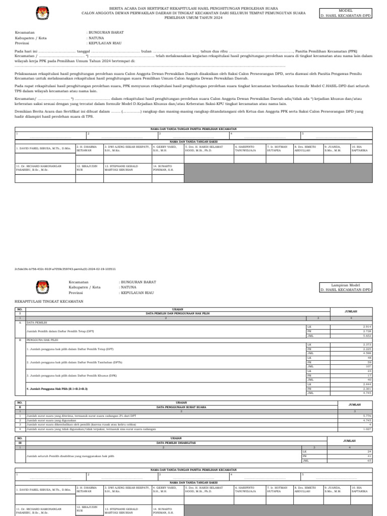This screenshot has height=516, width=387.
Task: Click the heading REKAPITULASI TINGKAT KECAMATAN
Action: point(49,301)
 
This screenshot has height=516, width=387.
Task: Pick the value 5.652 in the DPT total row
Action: point(367,335)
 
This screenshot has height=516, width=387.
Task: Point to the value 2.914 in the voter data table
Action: point(367,327)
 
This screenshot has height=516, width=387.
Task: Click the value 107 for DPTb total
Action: point(368,366)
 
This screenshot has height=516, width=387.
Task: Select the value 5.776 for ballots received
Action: point(367,416)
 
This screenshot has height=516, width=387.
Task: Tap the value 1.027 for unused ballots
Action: point(367,429)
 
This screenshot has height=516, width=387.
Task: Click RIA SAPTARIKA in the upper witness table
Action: point(360,149)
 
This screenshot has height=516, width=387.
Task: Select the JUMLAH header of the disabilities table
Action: point(350,440)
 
